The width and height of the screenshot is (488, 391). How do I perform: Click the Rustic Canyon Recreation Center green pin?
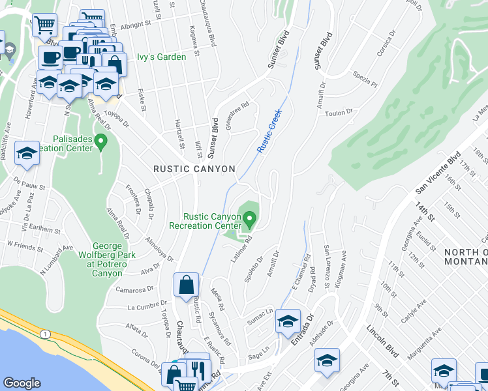tap(249, 218)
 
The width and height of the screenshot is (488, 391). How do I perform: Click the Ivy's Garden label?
tap(161, 57)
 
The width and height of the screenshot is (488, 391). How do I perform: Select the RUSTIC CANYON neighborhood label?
tap(194, 169)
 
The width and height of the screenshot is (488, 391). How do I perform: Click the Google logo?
tap(22, 383)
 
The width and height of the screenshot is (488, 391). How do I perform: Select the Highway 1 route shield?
tap(44, 334)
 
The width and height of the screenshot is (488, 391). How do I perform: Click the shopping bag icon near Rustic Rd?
tap(186, 285)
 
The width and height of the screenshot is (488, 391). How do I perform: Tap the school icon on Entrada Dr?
tap(288, 321)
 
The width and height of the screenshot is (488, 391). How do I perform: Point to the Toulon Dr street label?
tap(339, 113)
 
